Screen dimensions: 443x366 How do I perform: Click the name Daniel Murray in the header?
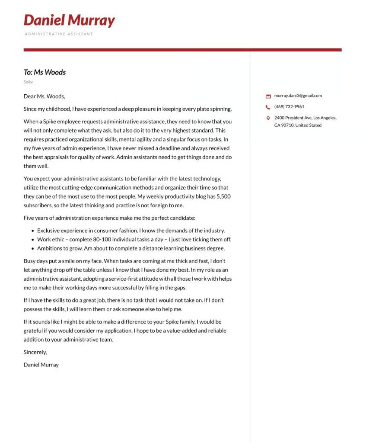click(69, 20)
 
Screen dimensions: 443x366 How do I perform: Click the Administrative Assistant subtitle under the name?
click(59, 34)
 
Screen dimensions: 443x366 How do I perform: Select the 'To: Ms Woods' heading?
click(45, 72)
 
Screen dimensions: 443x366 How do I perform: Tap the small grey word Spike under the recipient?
click(28, 82)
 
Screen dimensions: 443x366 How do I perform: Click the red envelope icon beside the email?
click(268, 96)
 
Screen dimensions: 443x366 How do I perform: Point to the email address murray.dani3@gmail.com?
click(298, 96)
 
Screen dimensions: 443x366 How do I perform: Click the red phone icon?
click(268, 107)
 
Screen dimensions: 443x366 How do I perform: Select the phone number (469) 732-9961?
click(289, 106)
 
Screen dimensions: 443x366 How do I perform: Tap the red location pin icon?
click(268, 118)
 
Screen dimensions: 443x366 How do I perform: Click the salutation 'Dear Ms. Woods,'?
click(44, 96)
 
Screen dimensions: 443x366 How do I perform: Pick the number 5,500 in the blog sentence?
click(223, 196)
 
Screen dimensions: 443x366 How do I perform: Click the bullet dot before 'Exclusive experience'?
click(33, 231)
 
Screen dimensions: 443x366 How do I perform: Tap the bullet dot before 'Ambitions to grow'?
click(33, 249)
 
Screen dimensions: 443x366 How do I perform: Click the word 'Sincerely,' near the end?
click(35, 352)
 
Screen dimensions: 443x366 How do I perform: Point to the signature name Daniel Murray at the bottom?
click(41, 365)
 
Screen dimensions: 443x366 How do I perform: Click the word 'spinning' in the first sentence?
click(220, 109)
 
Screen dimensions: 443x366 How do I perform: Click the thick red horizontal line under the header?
click(182, 50)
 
